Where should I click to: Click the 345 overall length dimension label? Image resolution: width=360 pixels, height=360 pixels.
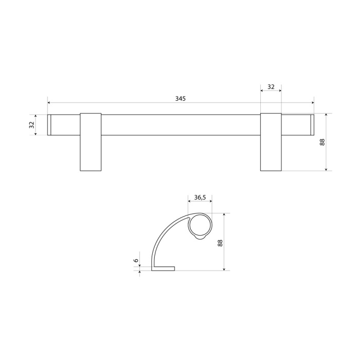coord(180,99)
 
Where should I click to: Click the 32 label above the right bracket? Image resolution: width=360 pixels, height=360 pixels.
coord(271,87)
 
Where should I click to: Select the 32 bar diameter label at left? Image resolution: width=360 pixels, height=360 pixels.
coord(32,124)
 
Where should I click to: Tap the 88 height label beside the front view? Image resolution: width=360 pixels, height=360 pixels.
coord(322,142)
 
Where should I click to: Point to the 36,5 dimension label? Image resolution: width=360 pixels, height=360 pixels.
coord(200,197)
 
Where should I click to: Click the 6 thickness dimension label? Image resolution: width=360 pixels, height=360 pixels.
coord(136,260)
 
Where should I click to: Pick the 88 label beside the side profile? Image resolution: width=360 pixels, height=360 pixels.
coord(220,243)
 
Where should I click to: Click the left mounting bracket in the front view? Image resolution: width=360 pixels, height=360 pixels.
coord(91,142)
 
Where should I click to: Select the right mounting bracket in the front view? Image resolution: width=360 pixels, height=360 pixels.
coord(271,142)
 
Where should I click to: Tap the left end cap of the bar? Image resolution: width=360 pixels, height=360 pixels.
coord(49,124)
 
